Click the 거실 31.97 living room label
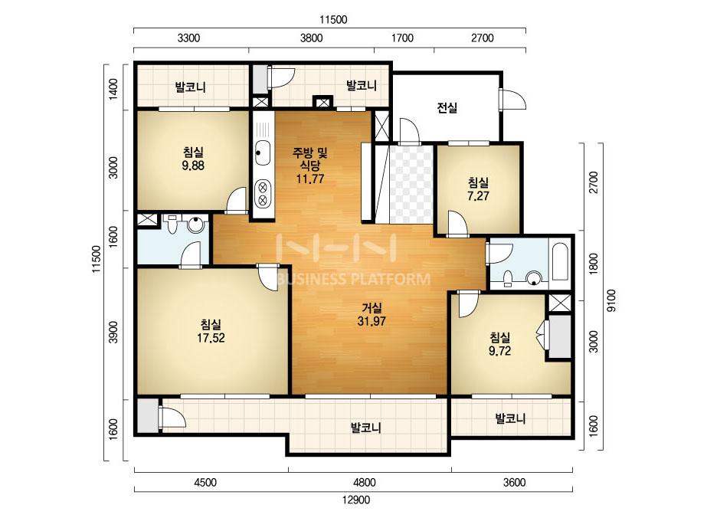[372, 314]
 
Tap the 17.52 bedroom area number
[211, 338]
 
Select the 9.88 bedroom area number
[193, 166]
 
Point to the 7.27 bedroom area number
[479, 196]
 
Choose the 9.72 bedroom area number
[499, 351]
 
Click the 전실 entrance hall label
[447, 108]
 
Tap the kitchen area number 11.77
[310, 179]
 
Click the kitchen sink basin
[263, 153]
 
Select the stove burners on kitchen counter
[263, 192]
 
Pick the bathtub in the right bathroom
[560, 262]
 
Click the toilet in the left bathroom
[172, 224]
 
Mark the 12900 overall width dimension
[356, 500]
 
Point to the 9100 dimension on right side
[611, 300]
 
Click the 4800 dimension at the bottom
[365, 482]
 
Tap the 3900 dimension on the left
[113, 332]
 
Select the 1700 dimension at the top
[402, 38]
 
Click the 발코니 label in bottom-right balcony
[510, 418]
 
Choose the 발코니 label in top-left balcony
[190, 87]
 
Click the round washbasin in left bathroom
[195, 225]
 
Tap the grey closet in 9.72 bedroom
[560, 337]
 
